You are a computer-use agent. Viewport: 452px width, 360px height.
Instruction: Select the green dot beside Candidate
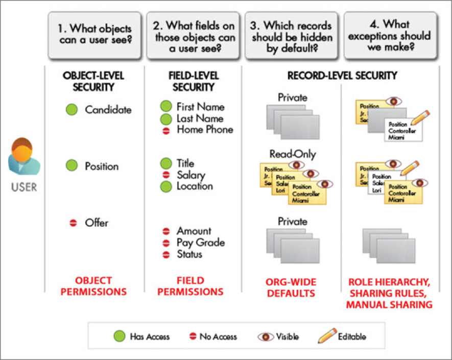click(72, 109)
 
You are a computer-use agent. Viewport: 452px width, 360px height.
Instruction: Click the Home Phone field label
click(205, 129)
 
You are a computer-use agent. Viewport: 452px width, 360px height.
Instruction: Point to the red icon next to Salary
click(166, 175)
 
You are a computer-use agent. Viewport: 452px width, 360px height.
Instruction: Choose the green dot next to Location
click(166, 186)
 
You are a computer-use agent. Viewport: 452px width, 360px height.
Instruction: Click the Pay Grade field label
click(201, 243)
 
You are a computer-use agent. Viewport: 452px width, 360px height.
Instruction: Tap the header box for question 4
click(390, 34)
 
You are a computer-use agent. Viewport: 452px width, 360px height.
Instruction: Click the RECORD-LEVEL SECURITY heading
click(342, 76)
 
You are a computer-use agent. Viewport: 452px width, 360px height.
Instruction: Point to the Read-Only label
click(293, 154)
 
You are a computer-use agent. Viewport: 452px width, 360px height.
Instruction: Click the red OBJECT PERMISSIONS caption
click(93, 286)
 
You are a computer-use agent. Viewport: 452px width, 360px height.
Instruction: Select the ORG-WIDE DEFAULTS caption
click(291, 286)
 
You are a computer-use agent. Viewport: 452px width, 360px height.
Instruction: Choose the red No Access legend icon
click(193, 337)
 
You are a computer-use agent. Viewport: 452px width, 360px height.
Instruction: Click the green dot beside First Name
click(166, 106)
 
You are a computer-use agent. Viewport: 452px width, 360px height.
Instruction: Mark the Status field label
click(189, 254)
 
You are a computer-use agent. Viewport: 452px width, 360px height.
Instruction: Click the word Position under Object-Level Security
click(102, 166)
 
